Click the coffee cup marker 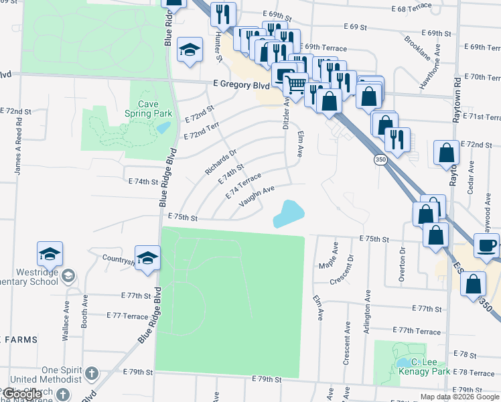point(486,245)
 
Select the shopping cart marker point(295,84)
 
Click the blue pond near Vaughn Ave point(289,213)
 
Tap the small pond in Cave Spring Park point(164,126)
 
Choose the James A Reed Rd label point(19,147)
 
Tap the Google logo point(21,394)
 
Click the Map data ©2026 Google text point(459,397)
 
